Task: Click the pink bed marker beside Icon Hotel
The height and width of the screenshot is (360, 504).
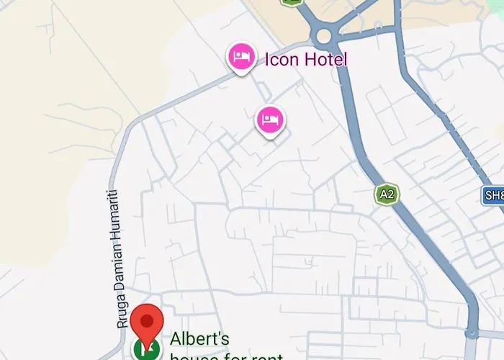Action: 241,57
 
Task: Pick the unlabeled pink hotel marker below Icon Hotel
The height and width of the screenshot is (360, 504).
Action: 270,120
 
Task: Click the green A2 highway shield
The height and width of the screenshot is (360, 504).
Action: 387,194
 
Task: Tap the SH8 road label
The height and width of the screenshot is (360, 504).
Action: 493,195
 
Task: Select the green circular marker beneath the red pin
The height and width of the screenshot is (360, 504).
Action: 148,351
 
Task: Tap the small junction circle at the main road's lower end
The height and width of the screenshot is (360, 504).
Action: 471,333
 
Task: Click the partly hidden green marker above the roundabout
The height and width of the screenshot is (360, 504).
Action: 291,2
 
